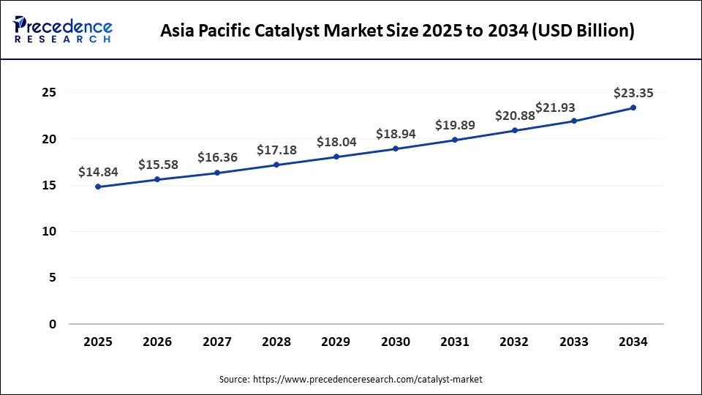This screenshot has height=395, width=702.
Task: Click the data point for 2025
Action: coord(98,187)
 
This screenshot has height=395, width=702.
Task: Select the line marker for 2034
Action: coord(633,108)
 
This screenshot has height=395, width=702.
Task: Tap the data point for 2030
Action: coord(396,148)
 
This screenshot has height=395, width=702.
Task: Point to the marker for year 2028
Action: coord(276,165)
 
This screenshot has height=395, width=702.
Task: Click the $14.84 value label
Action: coord(98,172)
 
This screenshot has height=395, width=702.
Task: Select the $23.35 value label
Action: coord(633,93)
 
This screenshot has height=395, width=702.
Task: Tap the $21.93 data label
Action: coord(555,108)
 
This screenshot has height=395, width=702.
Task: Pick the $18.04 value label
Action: coord(336,142)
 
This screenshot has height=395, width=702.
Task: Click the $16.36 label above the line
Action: coord(217,157)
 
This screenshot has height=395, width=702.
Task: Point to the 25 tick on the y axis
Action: coord(49,93)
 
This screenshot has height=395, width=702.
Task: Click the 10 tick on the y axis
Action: coord(49,231)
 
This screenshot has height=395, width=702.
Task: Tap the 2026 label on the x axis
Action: coord(157,342)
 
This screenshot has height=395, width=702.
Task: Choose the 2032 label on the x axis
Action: coord(515,342)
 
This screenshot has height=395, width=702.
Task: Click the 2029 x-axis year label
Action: coord(336,342)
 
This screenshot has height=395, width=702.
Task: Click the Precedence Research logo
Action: coord(63,30)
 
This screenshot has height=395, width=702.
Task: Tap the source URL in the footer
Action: coord(367,380)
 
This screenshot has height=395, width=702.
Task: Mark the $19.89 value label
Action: coord(455,125)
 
